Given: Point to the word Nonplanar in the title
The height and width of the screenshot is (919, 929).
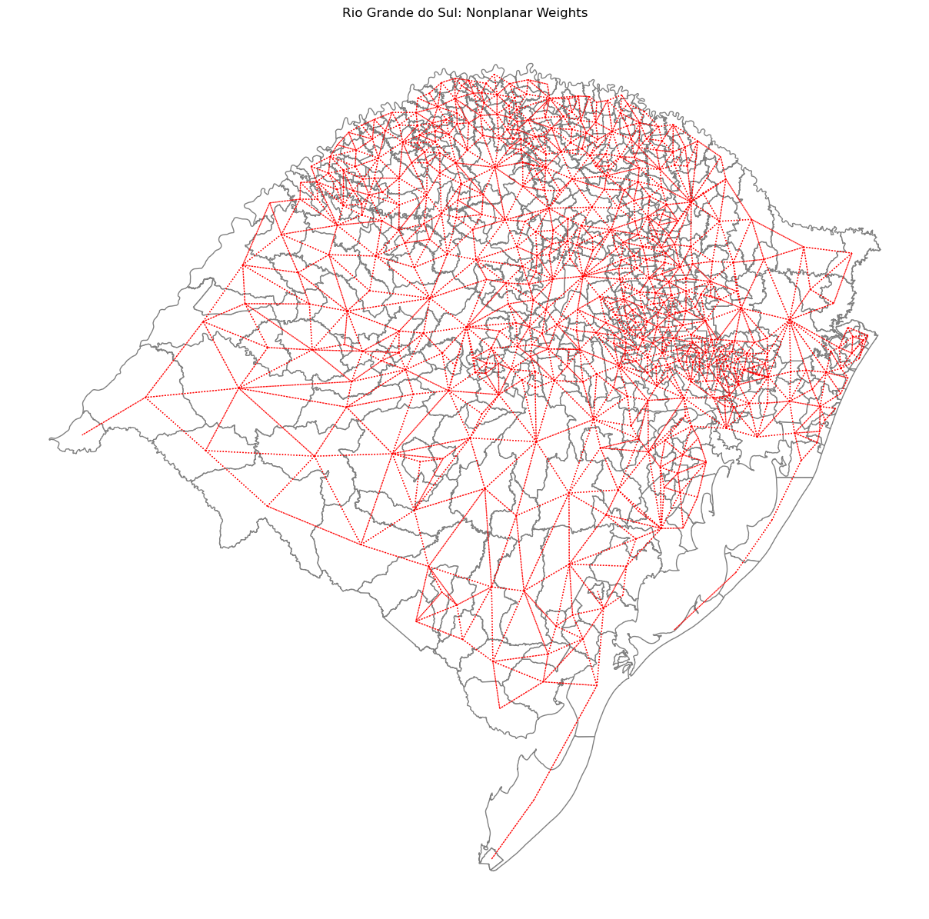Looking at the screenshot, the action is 493,12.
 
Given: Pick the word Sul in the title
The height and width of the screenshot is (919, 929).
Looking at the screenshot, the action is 441,12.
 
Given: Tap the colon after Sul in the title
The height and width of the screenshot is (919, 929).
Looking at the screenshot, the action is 455,13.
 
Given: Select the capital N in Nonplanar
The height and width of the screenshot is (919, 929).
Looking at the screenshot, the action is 466,12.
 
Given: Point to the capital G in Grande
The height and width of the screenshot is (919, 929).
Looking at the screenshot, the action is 368,12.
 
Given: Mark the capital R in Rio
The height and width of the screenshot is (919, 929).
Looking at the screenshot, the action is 346,12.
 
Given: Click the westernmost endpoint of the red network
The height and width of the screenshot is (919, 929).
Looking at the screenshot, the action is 82,435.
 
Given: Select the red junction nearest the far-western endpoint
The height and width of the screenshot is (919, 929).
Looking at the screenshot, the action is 145,397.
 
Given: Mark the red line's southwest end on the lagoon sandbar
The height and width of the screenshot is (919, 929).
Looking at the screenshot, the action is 674,631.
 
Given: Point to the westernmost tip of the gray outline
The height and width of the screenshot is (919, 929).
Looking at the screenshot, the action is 49,440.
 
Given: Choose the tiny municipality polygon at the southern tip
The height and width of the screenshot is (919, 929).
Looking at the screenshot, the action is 486,855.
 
